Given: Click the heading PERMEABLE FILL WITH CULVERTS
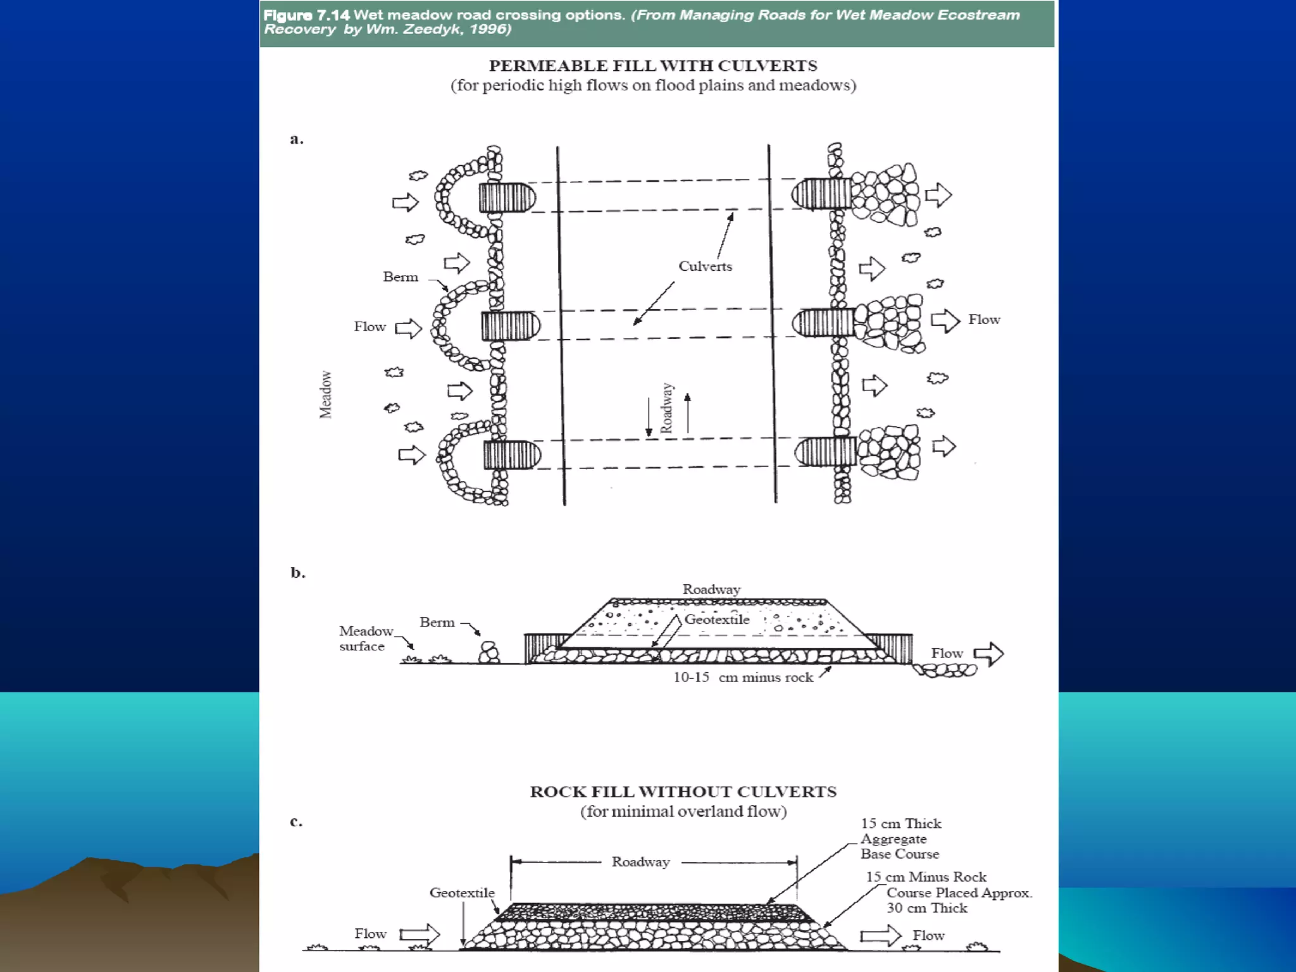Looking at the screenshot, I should click(x=652, y=66).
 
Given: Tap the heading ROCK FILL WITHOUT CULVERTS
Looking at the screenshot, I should click(x=683, y=792).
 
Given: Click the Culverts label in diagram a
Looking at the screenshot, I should click(x=705, y=266).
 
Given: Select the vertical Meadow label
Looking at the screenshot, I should click(x=325, y=394).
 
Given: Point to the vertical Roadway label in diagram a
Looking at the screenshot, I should click(x=667, y=408).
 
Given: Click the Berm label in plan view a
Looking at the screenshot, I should click(x=400, y=277).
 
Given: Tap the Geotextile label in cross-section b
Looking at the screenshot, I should click(x=716, y=620).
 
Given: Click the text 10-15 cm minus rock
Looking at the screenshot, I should click(x=742, y=678).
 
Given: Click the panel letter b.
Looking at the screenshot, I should click(x=297, y=573).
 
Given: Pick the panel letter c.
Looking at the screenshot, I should click(x=296, y=821).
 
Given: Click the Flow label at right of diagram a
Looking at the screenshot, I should click(x=984, y=320).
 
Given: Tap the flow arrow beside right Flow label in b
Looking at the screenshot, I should click(x=988, y=654).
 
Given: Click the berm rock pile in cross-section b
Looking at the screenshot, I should click(x=489, y=653).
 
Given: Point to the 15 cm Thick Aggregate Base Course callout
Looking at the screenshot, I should click(x=900, y=839).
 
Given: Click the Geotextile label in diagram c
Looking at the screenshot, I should click(x=462, y=893).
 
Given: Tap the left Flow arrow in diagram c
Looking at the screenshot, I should click(x=420, y=934).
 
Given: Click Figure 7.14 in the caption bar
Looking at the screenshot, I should click(x=306, y=15).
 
